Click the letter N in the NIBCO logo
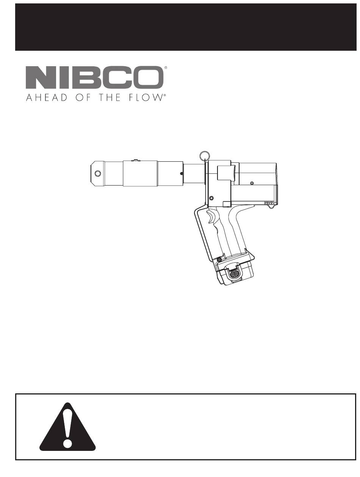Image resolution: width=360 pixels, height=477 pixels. [39, 77]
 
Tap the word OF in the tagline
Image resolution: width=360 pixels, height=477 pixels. [83, 97]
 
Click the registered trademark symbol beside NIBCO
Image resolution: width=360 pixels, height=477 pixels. [166, 68]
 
